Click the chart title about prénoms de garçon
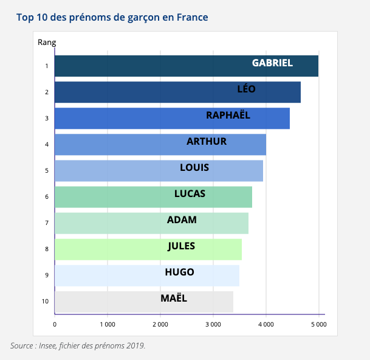tap(112, 17)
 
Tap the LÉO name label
tap(246, 89)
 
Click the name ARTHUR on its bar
tap(207, 142)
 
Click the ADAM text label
tap(182, 220)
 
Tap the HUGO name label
tap(179, 272)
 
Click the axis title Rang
tap(47, 43)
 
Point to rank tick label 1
tap(47, 66)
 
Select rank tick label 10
tap(45, 301)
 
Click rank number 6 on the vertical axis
tap(47, 197)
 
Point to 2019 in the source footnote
tap(135, 346)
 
